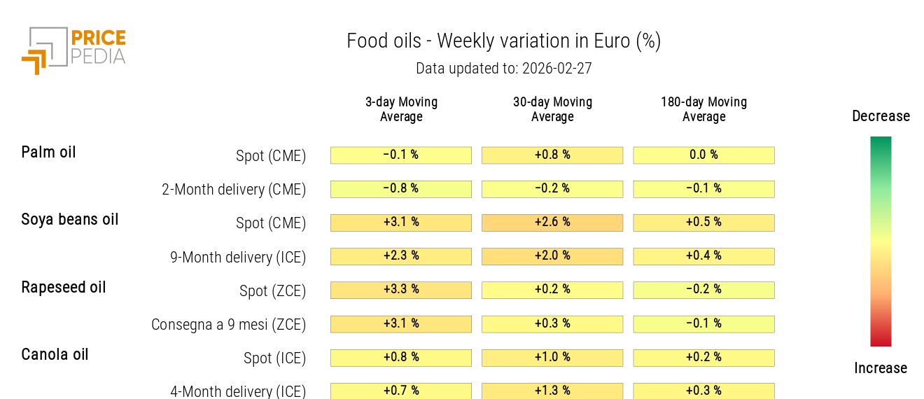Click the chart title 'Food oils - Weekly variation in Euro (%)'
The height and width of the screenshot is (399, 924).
503,41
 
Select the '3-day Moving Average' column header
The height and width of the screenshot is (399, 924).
401,109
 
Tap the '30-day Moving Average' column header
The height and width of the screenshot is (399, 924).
552,109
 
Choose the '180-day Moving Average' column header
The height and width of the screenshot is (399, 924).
703,109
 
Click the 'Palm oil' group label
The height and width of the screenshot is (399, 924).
48,153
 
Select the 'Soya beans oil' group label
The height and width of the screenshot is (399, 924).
70,220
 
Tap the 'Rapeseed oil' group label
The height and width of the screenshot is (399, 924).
64,288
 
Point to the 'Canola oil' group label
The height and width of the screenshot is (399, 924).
55,355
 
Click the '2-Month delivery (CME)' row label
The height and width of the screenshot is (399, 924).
234,190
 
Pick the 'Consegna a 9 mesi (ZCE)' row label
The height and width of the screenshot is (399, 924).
229,325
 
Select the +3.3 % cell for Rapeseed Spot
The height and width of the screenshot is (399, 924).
401,290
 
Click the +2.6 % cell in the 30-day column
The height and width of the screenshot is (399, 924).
552,223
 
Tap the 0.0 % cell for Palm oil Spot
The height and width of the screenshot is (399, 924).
703,155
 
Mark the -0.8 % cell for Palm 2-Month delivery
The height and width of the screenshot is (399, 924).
401,189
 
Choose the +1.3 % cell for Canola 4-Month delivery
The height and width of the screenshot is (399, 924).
552,391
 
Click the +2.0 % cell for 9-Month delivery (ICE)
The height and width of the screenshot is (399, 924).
552,256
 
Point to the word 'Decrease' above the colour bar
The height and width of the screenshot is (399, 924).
881,116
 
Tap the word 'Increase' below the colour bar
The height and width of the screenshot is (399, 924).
881,368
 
